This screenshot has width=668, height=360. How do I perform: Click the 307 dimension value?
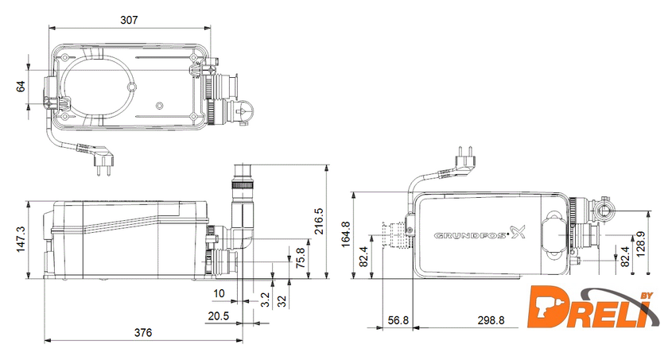pos(129,20)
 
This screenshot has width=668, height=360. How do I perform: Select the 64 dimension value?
pos(21,87)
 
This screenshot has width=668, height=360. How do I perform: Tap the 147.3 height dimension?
pos(21,239)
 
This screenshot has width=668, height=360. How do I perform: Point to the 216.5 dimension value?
pos(319,221)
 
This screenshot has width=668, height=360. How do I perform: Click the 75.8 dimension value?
pos(301,257)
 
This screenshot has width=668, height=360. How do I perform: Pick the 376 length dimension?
pos(143,332)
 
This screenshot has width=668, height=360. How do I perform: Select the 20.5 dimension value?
pos(219,315)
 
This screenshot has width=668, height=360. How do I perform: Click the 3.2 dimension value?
pos(265,300)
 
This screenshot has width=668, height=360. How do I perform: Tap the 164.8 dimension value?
pos(345,234)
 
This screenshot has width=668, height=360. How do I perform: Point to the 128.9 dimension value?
pos(640,244)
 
